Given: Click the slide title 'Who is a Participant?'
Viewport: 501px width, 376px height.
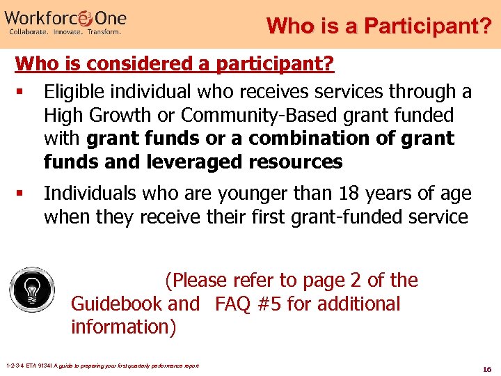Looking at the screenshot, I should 379,26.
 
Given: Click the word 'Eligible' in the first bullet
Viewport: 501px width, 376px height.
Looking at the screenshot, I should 73,92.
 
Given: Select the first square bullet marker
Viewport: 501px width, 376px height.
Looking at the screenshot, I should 24,92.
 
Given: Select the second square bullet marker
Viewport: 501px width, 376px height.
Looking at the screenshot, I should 24,194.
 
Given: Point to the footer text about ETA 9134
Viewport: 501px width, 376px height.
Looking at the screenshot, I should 102,366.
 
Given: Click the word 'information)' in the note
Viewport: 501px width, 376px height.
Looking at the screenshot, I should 124,327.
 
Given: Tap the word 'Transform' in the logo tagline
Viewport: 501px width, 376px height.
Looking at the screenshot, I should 102,31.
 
